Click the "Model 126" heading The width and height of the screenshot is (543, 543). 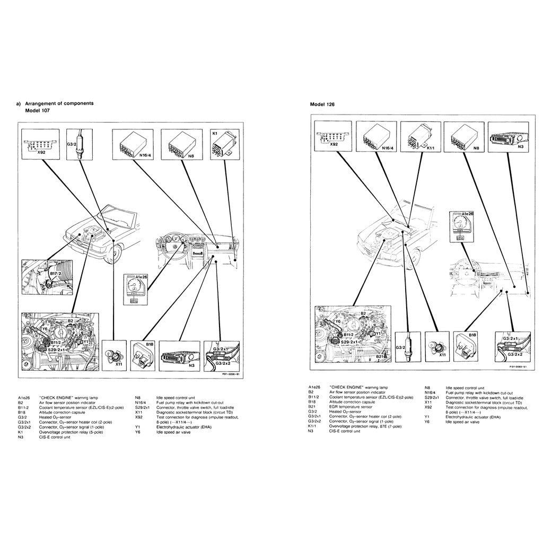tap(322, 104)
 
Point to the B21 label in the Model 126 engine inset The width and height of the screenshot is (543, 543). tap(380, 357)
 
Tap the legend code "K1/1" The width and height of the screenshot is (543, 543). tap(312, 426)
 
